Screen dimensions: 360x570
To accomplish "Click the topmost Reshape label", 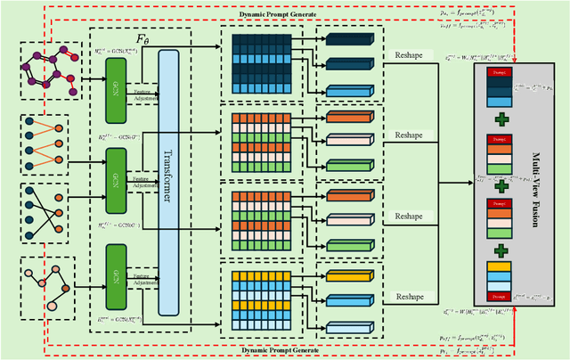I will click(410, 55).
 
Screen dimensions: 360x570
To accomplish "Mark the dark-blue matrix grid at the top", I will click(261, 61).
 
